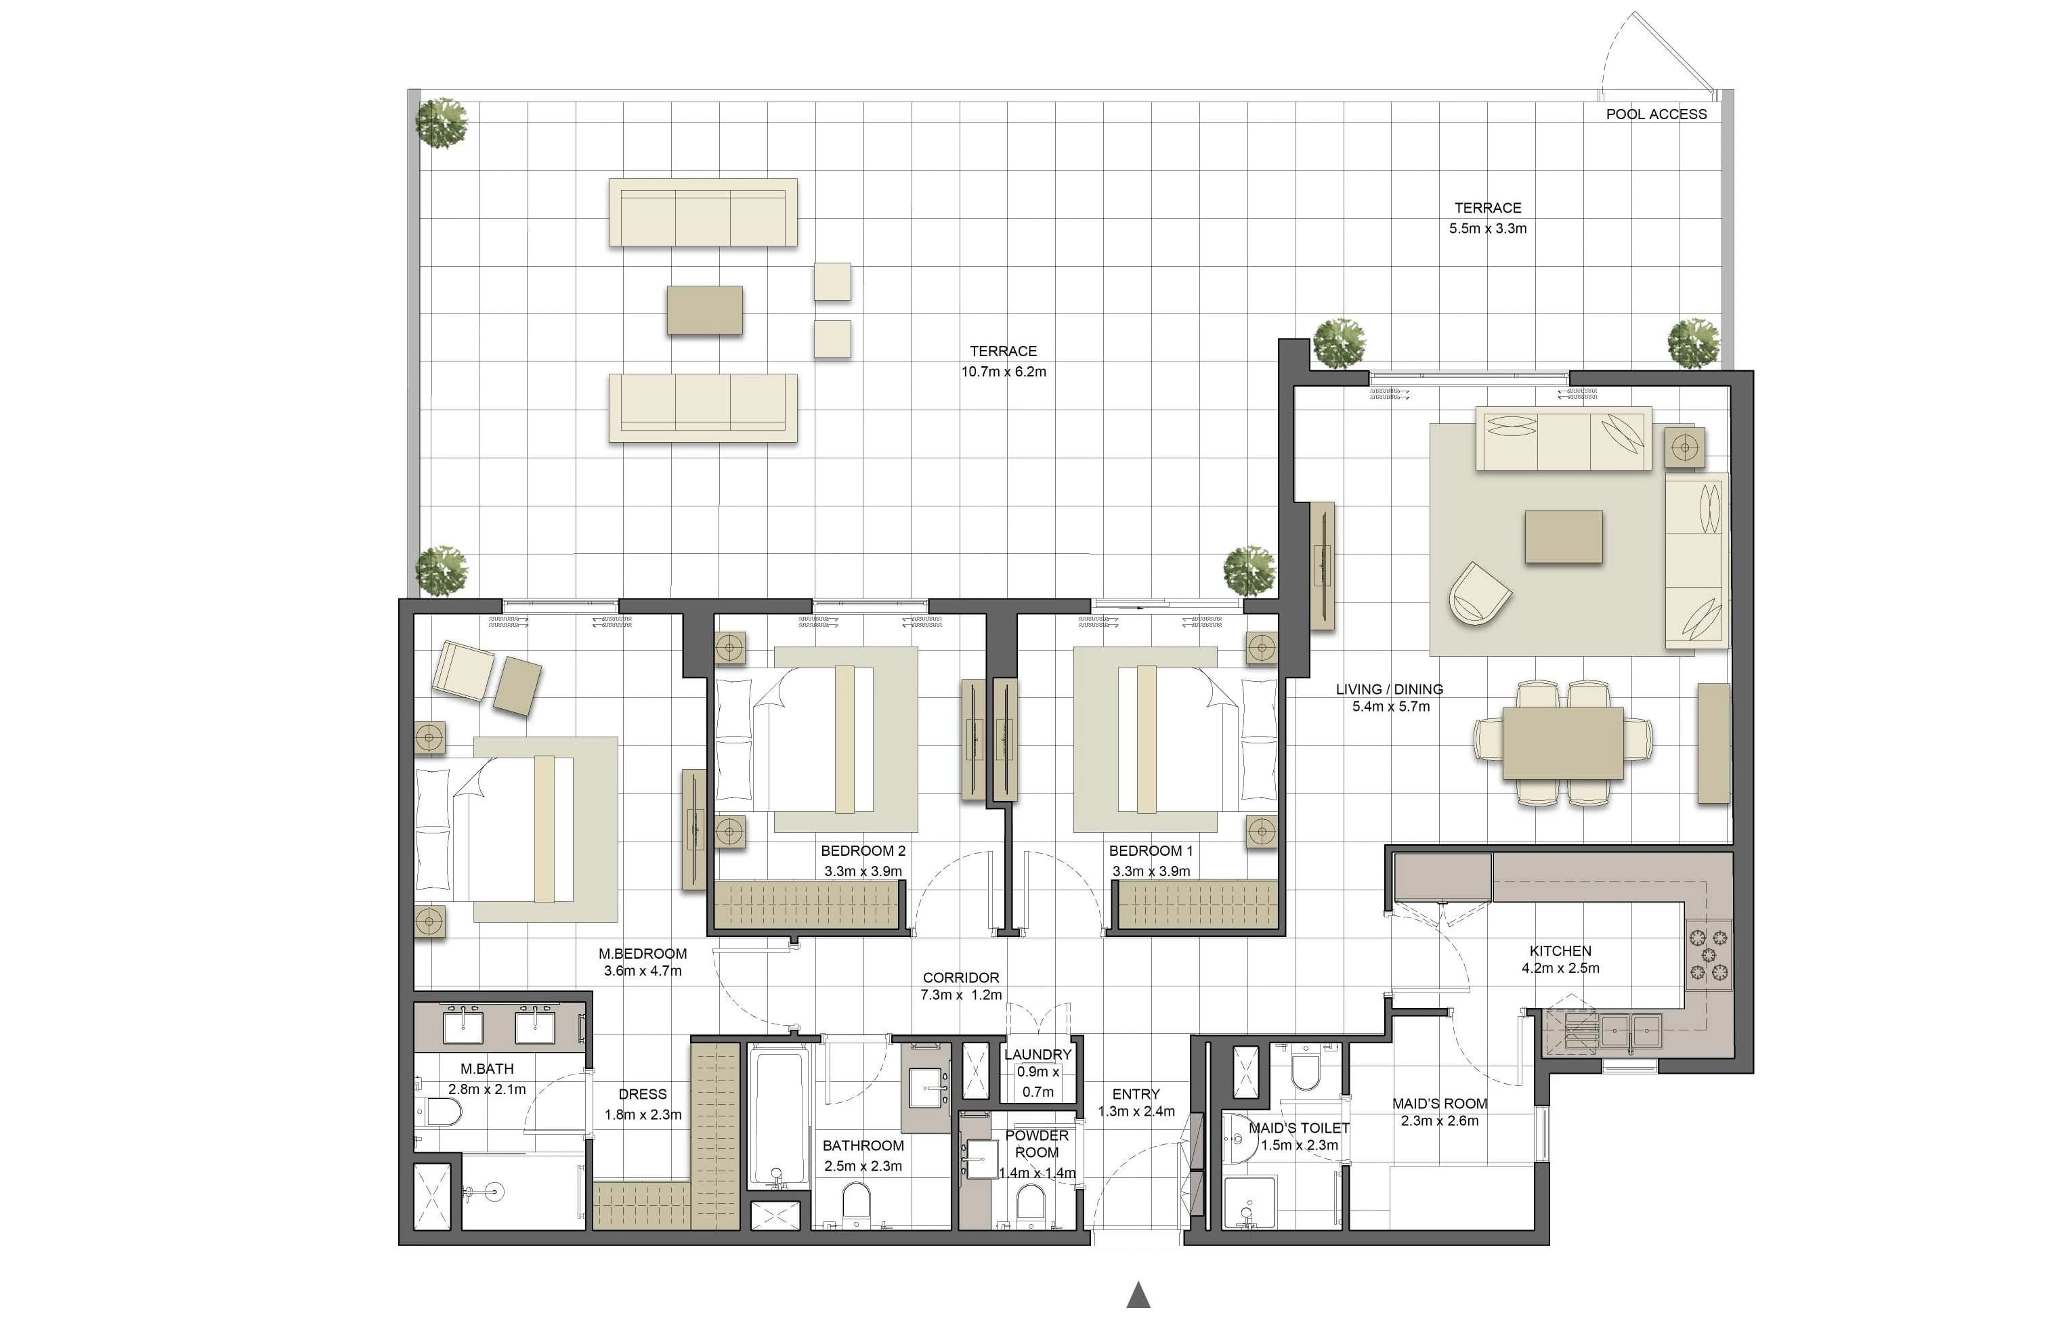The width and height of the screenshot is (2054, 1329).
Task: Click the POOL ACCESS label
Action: point(1656,114)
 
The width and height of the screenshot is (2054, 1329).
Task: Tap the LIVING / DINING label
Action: point(1390,689)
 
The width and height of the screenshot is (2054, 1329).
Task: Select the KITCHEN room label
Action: point(1560,951)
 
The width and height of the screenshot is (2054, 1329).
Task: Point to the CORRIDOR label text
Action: point(960,978)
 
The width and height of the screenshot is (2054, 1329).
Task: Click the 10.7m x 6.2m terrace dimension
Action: point(1004,372)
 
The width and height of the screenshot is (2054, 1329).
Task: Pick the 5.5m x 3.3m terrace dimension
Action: point(1488,229)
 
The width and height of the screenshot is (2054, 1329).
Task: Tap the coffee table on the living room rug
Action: point(1564,537)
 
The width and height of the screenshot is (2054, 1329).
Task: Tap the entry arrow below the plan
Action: point(1138,1294)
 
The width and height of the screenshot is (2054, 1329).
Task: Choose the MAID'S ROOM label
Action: point(1440,1104)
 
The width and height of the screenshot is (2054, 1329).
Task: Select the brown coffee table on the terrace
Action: point(704,310)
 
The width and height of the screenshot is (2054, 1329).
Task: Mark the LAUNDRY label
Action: point(1037,1055)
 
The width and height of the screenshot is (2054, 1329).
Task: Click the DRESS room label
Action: point(642,1094)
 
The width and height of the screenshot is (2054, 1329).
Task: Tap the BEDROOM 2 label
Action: point(863,851)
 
